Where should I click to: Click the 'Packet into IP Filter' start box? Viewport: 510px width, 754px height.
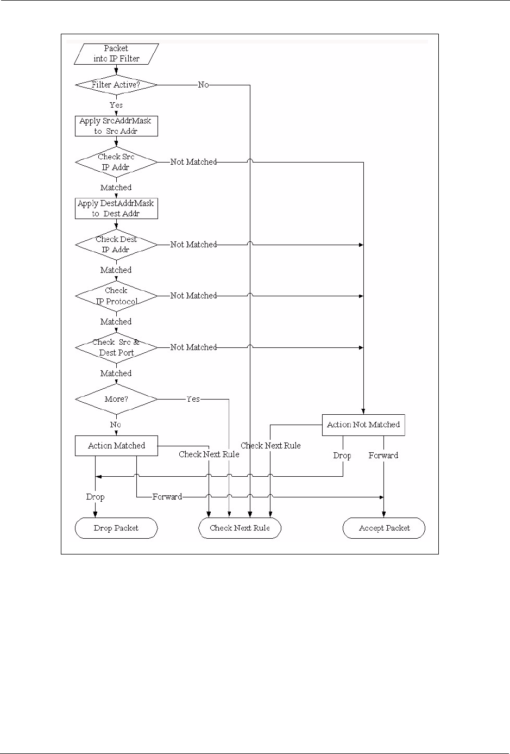(116, 54)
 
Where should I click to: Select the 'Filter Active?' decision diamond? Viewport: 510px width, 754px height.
(116, 85)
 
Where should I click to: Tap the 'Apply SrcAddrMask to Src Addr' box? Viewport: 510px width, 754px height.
(116, 126)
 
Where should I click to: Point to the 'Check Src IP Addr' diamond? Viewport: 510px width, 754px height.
(116, 162)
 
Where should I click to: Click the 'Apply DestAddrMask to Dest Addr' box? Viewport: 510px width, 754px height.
(116, 209)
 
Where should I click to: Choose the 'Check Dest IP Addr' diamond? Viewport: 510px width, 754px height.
(116, 245)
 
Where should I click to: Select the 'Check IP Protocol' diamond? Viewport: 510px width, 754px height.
(116, 296)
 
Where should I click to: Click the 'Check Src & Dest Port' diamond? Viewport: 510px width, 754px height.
(116, 348)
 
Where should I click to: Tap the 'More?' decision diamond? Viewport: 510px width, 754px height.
(116, 399)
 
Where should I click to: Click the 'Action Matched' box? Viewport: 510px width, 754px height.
(116, 446)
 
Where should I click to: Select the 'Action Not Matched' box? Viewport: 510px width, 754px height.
(363, 425)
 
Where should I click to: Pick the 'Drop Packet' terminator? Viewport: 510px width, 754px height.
(116, 528)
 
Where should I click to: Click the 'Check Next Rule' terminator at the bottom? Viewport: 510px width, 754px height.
(240, 528)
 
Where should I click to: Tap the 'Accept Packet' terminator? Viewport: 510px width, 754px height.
(384, 528)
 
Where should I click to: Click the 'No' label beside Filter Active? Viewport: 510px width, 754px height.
(203, 85)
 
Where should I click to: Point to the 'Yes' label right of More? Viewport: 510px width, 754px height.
(193, 399)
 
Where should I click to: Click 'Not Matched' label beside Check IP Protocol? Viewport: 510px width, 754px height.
(193, 296)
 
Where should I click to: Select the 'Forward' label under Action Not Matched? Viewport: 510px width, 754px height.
(383, 456)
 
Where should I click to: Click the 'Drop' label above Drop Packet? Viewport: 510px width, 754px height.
(95, 497)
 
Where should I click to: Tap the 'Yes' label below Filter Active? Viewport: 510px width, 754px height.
(116, 105)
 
